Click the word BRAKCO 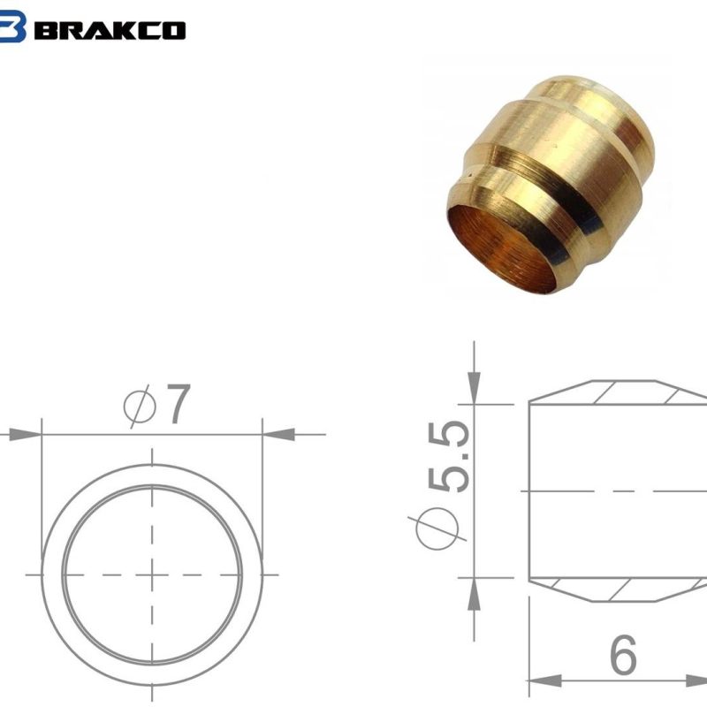(x=111, y=29)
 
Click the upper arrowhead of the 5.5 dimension (x=475, y=390)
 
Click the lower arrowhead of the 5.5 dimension (x=475, y=592)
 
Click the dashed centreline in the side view (x=619, y=490)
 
